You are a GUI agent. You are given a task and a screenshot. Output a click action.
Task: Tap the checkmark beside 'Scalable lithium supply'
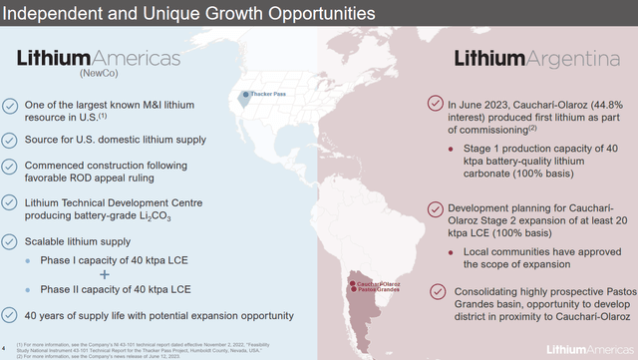9,240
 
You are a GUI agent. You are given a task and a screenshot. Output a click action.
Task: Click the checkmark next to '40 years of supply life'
9,316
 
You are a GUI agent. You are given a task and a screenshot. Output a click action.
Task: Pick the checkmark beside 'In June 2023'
436,103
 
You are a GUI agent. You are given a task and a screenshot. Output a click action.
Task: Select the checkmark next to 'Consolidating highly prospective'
436,290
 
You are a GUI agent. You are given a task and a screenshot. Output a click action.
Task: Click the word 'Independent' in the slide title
47,15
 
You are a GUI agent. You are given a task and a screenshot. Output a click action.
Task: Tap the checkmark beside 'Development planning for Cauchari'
436,208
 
